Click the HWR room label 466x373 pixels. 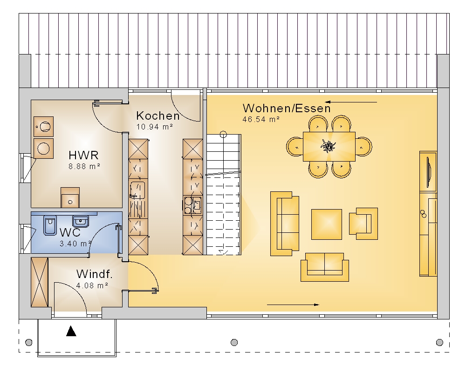point(83,155)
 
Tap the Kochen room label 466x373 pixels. point(158,115)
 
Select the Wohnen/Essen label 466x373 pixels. point(287,108)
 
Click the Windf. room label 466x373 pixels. point(95,274)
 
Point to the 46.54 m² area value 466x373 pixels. point(261,119)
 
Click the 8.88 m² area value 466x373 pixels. point(84,166)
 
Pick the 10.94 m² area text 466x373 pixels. point(155,127)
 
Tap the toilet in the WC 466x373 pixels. point(50,225)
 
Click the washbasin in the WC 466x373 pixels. point(80,221)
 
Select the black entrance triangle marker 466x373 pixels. point(71,331)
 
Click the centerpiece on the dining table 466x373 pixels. point(328,146)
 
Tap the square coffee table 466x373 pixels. point(326,224)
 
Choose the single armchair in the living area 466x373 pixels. point(363,224)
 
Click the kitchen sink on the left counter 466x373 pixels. point(137,190)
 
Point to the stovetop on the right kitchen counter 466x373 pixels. point(192,204)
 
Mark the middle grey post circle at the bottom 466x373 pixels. point(234,342)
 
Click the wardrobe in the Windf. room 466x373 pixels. point(40,282)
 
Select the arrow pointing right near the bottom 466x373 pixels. point(293,305)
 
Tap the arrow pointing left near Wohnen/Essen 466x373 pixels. point(351,102)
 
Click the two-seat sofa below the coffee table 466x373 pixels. point(324,267)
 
